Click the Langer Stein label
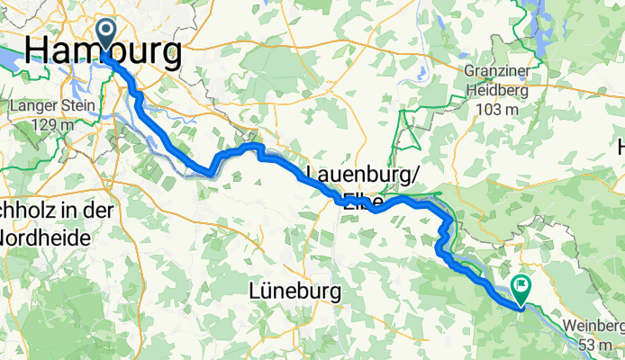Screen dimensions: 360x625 coord(41,106)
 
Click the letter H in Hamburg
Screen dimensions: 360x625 coord(41,50)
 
